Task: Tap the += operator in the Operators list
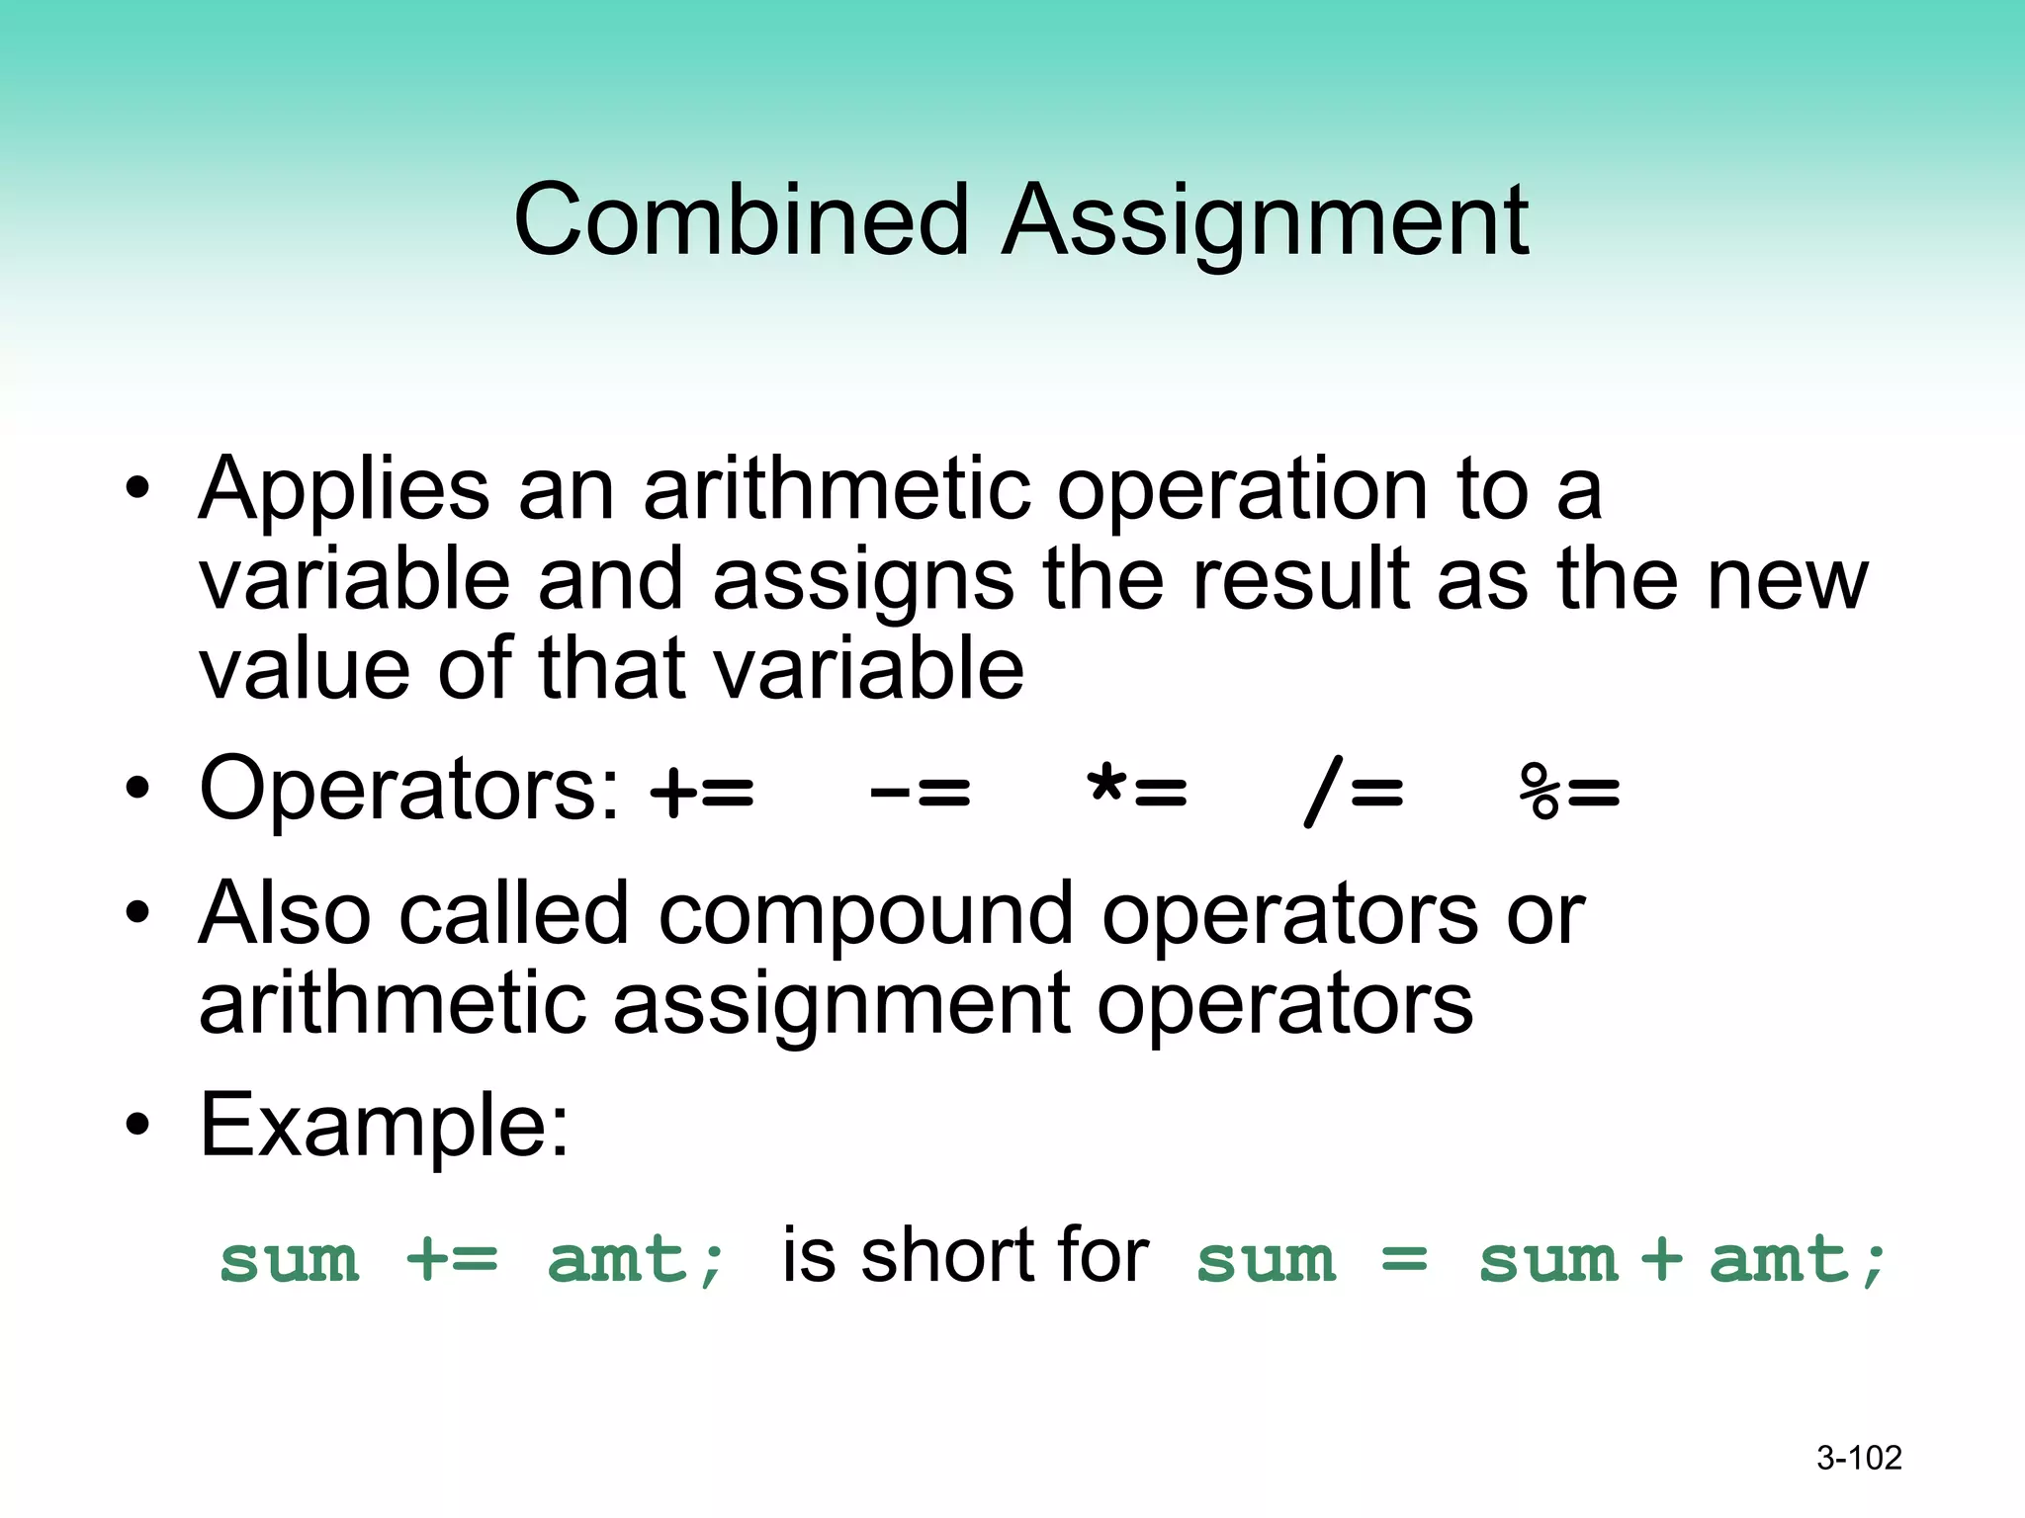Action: (703, 792)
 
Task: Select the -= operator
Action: (921, 792)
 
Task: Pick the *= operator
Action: (1137, 792)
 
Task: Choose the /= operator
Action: (1354, 794)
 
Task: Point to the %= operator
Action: (1570, 794)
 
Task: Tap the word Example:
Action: (385, 1127)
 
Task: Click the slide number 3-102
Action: (1859, 1458)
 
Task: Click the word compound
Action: (865, 914)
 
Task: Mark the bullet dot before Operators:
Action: (137, 789)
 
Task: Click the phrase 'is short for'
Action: (965, 1257)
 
